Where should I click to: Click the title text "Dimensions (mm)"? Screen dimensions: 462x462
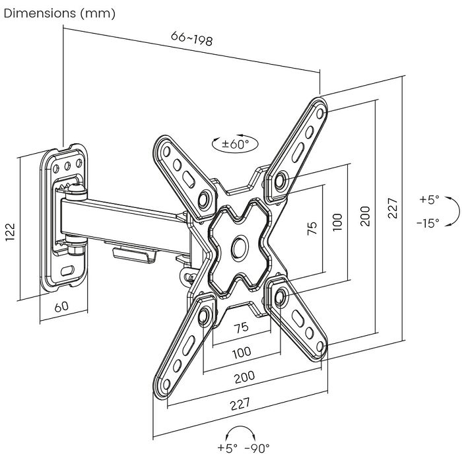coord(59,13)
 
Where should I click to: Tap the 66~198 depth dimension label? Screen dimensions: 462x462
coord(191,39)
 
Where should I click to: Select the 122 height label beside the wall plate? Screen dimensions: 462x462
coord(11,230)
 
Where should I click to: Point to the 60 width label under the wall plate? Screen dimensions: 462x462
coord(61,308)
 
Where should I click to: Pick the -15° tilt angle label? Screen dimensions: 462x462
coord(428,223)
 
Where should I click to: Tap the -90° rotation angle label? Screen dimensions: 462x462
coord(257,448)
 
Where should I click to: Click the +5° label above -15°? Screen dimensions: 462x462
coord(428,199)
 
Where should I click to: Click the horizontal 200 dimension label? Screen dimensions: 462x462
coord(245,376)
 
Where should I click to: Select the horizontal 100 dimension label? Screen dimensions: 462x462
coord(242,352)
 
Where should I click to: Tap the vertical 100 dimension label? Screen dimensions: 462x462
coord(337,222)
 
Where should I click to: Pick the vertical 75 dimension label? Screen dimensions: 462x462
coord(313,227)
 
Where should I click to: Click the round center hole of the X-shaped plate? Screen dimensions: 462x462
coord(237,247)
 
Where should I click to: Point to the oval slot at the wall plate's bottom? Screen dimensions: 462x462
coord(67,269)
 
